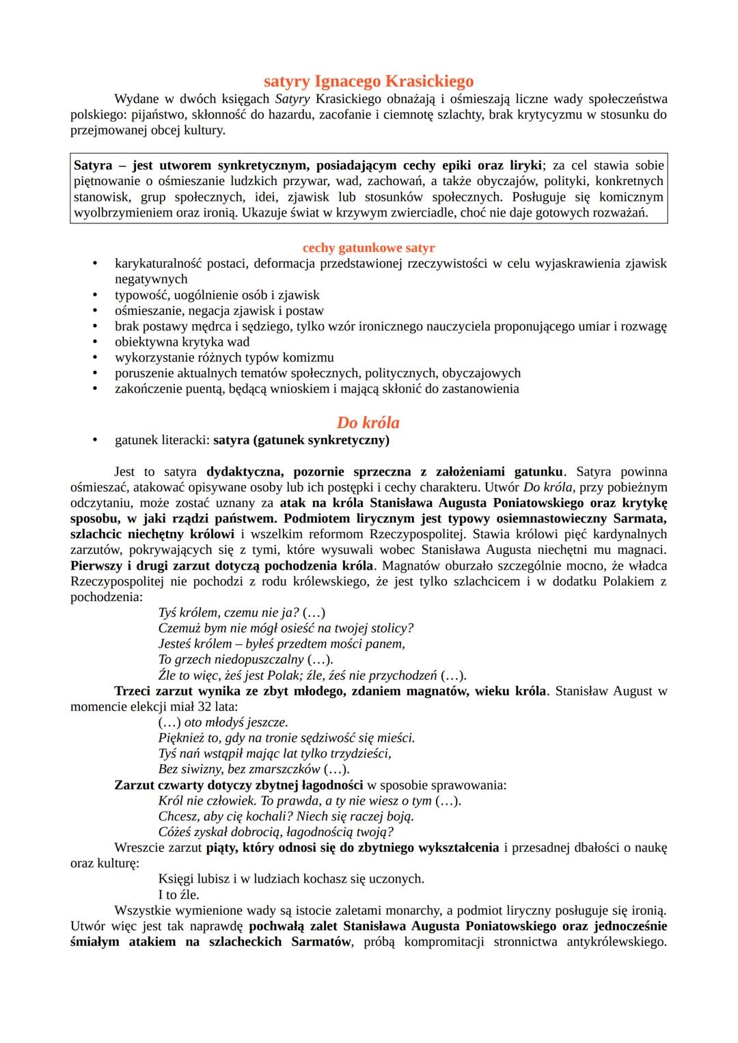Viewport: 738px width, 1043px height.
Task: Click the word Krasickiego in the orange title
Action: point(429,81)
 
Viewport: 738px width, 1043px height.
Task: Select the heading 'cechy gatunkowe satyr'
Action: point(368,248)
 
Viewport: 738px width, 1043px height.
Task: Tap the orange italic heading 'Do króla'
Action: point(368,422)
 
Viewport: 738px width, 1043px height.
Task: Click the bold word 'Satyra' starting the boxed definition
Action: point(93,165)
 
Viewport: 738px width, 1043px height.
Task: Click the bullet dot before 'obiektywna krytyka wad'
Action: point(96,342)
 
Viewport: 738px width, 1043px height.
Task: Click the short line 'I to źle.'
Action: point(178,895)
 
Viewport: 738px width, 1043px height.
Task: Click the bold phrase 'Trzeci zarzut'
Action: point(154,691)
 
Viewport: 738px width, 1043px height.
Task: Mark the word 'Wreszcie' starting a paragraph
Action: point(139,848)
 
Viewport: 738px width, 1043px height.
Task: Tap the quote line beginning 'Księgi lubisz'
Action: point(290,879)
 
